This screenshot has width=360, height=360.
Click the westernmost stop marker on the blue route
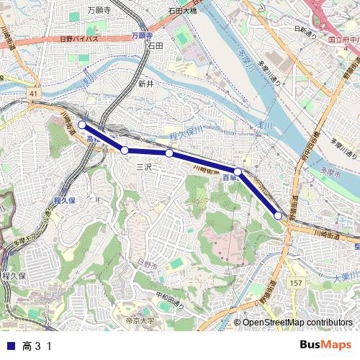tap(81, 125)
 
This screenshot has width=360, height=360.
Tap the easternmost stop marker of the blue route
tap(278, 215)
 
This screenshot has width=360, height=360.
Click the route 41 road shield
tap(33, 93)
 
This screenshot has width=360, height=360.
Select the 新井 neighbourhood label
tap(145, 84)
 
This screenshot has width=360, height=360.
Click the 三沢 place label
tap(145, 166)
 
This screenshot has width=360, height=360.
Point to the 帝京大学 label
tap(139, 320)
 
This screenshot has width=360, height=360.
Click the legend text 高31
tap(37, 346)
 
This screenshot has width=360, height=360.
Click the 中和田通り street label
tap(169, 294)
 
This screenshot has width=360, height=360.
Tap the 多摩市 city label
tap(328, 174)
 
